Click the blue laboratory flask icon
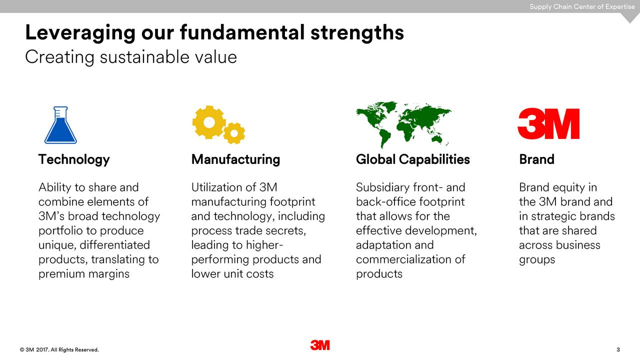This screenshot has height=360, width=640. [x=60, y=126]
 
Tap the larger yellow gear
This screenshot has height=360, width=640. [x=208, y=122]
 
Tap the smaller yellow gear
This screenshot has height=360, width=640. [x=234, y=133]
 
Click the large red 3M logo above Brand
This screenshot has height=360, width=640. [x=548, y=124]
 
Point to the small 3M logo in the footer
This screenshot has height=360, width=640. [x=320, y=345]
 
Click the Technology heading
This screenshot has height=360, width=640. [x=74, y=159]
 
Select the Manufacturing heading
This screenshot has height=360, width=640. [x=235, y=159]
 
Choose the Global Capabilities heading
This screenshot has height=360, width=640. [x=412, y=159]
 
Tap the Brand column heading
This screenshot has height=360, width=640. [x=536, y=159]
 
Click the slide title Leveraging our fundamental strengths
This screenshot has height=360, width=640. [x=214, y=32]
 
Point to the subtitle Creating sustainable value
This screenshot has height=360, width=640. [x=131, y=57]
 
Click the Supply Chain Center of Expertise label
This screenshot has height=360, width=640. [x=582, y=6]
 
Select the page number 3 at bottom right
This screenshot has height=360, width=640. [x=618, y=349]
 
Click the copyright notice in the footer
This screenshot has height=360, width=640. [x=59, y=349]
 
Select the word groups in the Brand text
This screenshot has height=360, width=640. [x=537, y=259]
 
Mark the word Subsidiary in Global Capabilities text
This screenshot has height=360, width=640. [x=382, y=187]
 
